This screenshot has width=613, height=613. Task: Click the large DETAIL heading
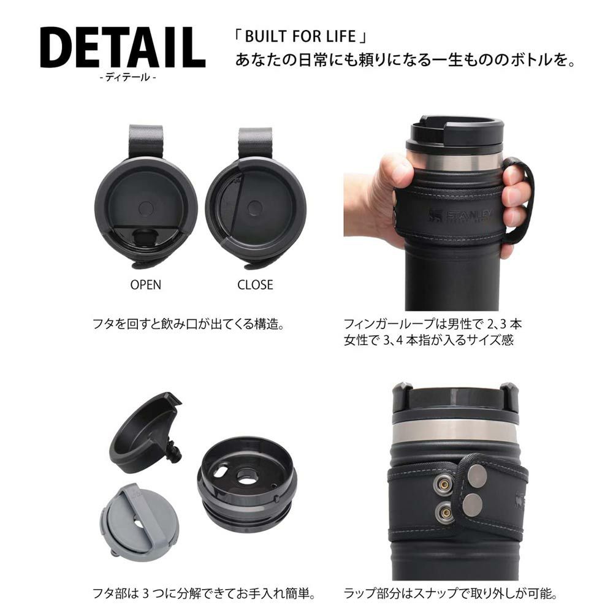click(123, 48)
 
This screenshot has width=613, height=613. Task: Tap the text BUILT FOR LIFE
click(300, 36)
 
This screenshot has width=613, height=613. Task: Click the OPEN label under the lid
click(145, 284)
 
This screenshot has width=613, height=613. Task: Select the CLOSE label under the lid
click(255, 284)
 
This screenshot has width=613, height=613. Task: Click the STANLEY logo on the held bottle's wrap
click(460, 215)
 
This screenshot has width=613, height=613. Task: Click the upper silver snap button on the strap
click(476, 478)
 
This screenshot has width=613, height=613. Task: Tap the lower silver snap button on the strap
click(473, 505)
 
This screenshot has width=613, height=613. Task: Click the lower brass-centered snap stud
click(444, 511)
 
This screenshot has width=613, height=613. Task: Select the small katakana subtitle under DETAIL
click(128, 77)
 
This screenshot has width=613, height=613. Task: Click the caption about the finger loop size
click(433, 332)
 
